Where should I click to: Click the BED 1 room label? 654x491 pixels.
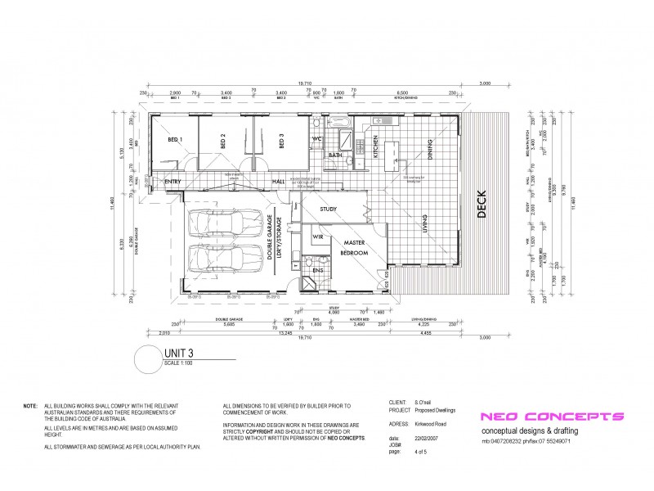[x=174, y=140]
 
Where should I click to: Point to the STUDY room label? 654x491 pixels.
[x=329, y=209]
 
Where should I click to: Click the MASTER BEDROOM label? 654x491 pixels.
[x=355, y=248]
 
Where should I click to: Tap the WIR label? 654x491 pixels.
[x=317, y=236]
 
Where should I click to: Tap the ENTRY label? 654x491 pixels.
[x=172, y=182]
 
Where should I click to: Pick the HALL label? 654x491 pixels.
[x=280, y=182]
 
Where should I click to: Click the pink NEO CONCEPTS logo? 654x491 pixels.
[x=552, y=417]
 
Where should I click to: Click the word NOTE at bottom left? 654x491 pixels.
[x=30, y=406]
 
